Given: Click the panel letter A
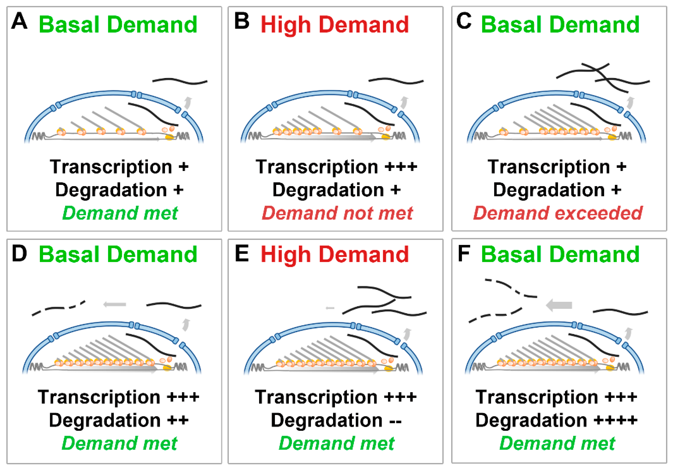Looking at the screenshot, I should [x=19, y=21].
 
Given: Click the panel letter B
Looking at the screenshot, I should [x=241, y=21].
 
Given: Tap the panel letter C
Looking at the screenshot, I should [x=464, y=21].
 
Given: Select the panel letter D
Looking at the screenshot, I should [x=19, y=254].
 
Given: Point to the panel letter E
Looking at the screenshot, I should [x=241, y=254].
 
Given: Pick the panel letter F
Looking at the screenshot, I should [x=464, y=254].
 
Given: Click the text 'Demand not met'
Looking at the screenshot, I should [x=337, y=213].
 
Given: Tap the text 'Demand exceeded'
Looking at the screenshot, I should [x=558, y=213].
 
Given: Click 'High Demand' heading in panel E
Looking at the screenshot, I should [x=334, y=254].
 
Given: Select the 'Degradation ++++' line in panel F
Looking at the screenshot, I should [x=556, y=420].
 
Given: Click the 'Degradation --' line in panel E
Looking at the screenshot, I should [x=336, y=420].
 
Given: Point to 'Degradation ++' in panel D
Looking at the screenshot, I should [x=119, y=420].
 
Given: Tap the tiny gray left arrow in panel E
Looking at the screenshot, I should [x=330, y=308].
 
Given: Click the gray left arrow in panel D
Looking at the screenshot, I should [x=115, y=304].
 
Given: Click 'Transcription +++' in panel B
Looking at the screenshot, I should [x=336, y=167].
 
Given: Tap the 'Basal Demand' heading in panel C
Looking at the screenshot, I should [x=560, y=25].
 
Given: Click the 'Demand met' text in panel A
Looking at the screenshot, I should [x=120, y=213].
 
